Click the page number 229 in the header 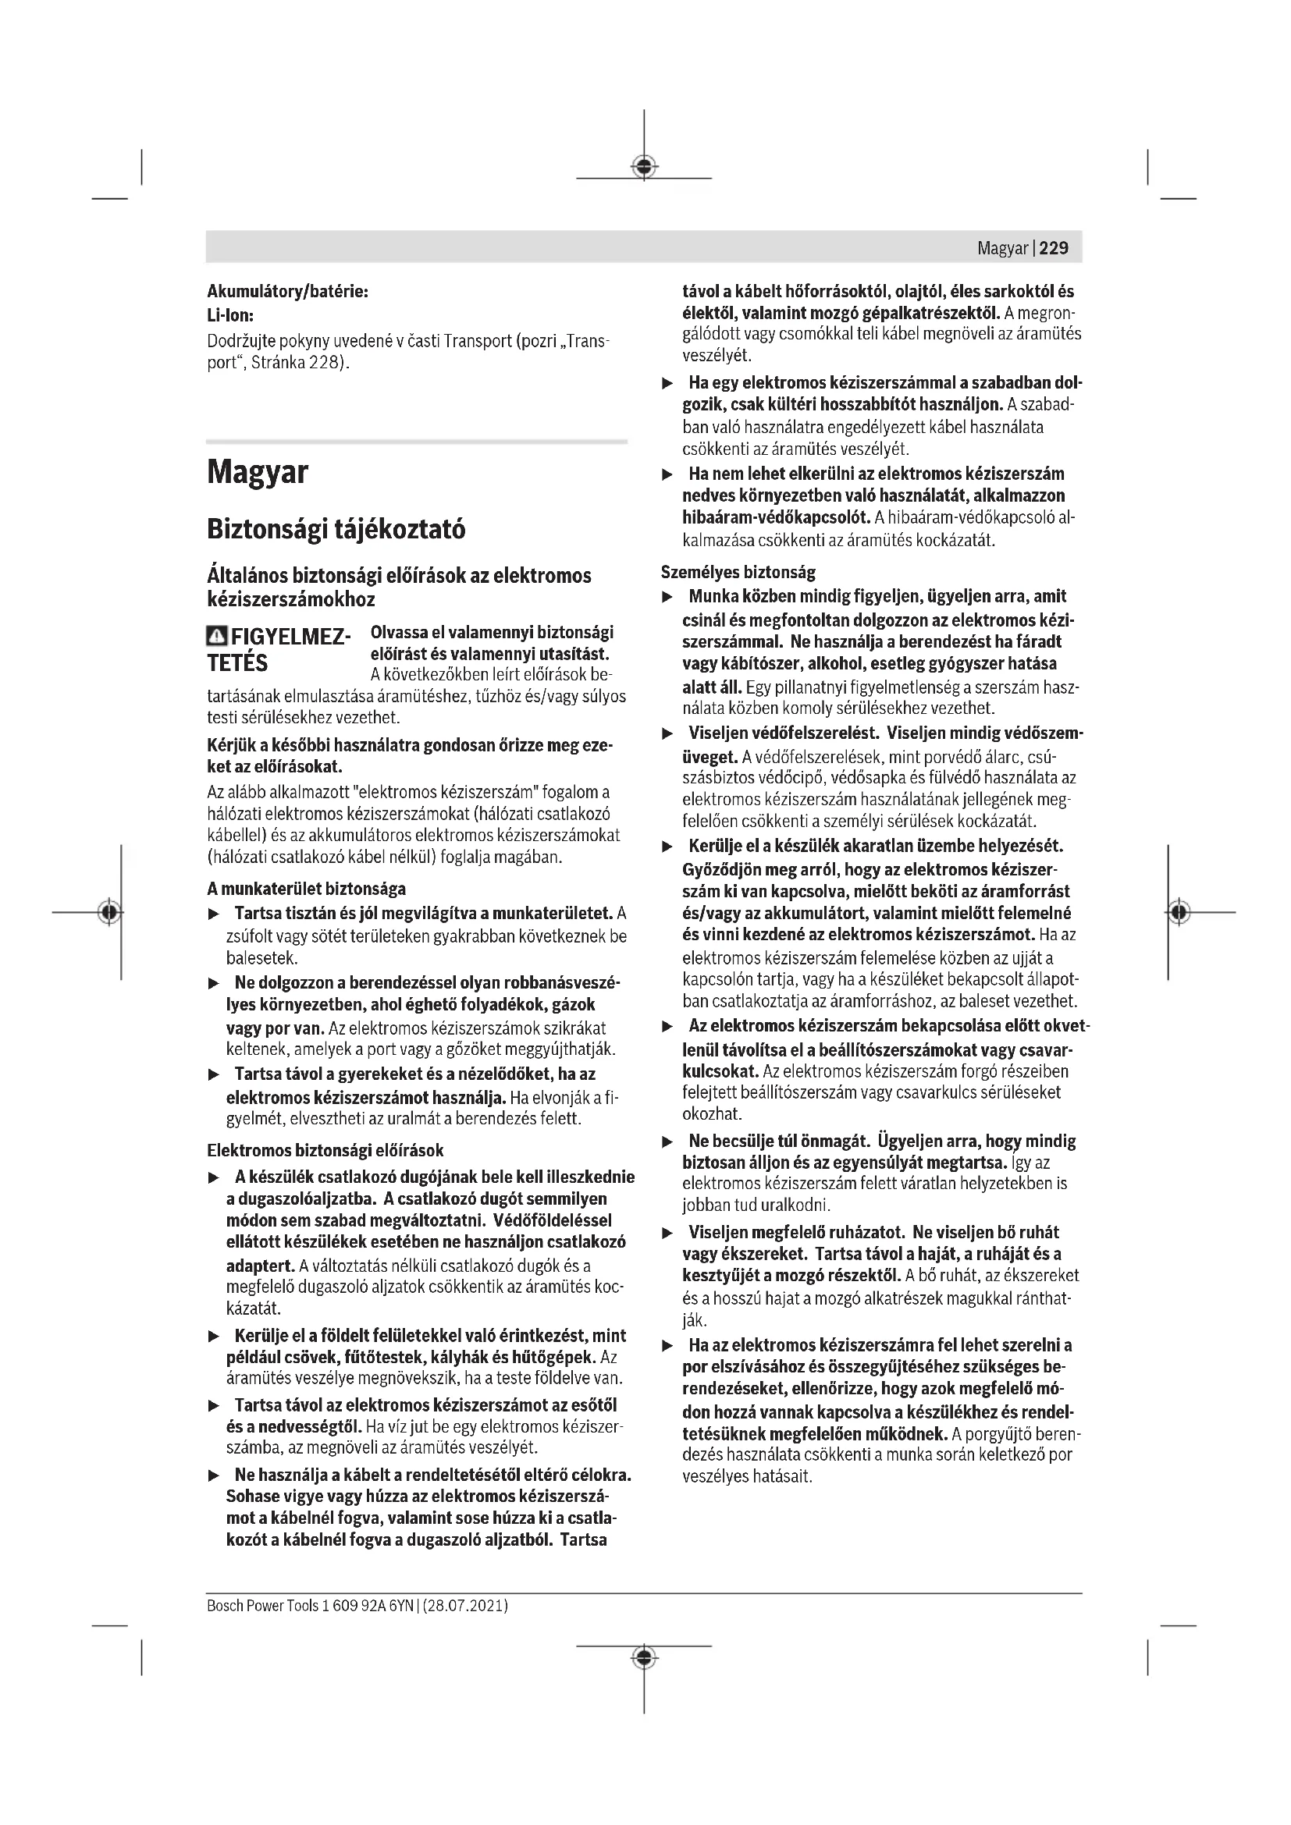click(1053, 248)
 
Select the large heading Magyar click(258, 472)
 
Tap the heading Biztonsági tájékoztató click(336, 528)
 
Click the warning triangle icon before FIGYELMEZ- click(216, 637)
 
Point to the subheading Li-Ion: click(229, 315)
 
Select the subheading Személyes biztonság click(738, 571)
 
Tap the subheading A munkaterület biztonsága click(306, 889)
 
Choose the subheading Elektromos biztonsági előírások click(325, 1150)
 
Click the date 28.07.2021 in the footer click(465, 1606)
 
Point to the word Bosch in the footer click(224, 1606)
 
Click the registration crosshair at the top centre click(644, 166)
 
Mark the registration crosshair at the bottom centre click(644, 1657)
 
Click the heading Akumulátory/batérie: click(287, 292)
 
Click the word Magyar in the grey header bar click(1001, 248)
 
